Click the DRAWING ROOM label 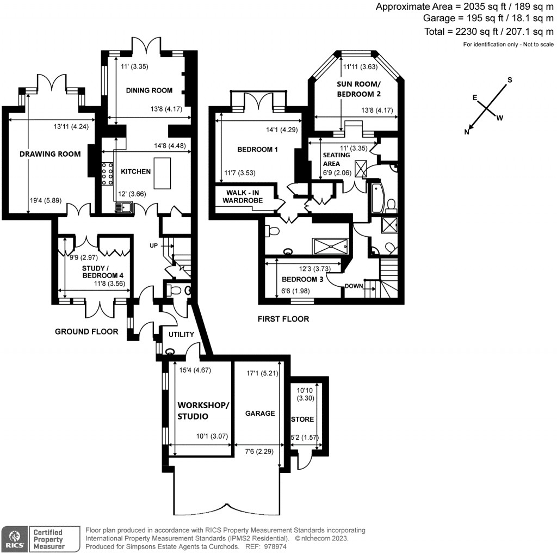tap(50, 154)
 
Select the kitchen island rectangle tap(162, 171)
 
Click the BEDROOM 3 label tap(302, 279)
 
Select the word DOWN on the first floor tap(354, 285)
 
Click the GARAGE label tap(259, 414)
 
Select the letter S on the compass tap(510, 80)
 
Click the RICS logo tap(15, 539)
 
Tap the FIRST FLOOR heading tap(283, 319)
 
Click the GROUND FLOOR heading tap(86, 331)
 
